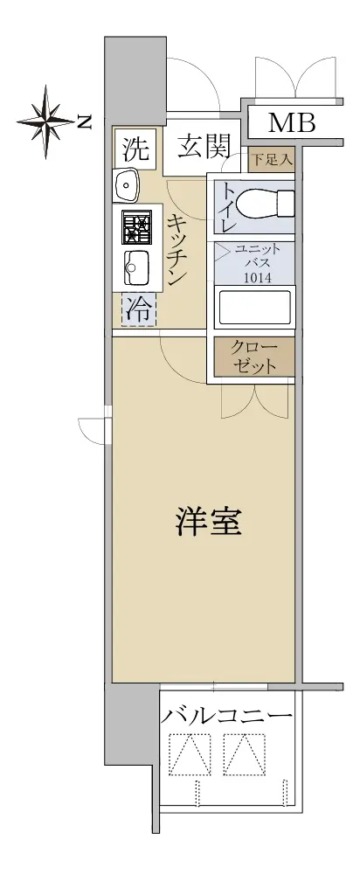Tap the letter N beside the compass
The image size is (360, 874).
84,121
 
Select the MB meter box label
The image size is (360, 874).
292,122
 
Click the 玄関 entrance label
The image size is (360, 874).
204,148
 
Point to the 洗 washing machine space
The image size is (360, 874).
136,149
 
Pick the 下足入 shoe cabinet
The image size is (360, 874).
271,160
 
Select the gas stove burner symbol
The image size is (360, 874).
136,227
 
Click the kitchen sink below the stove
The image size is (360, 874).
136,267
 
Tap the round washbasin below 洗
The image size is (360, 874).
127,184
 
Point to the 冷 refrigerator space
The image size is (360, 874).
139,310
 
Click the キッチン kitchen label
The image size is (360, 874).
177,250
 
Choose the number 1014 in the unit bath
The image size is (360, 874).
258,277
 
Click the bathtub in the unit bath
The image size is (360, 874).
254,306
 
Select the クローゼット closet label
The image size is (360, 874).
254,357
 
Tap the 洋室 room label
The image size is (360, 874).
209,521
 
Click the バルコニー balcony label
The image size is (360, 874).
226,716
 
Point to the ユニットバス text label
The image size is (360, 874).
258,255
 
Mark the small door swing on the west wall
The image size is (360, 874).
91,428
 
